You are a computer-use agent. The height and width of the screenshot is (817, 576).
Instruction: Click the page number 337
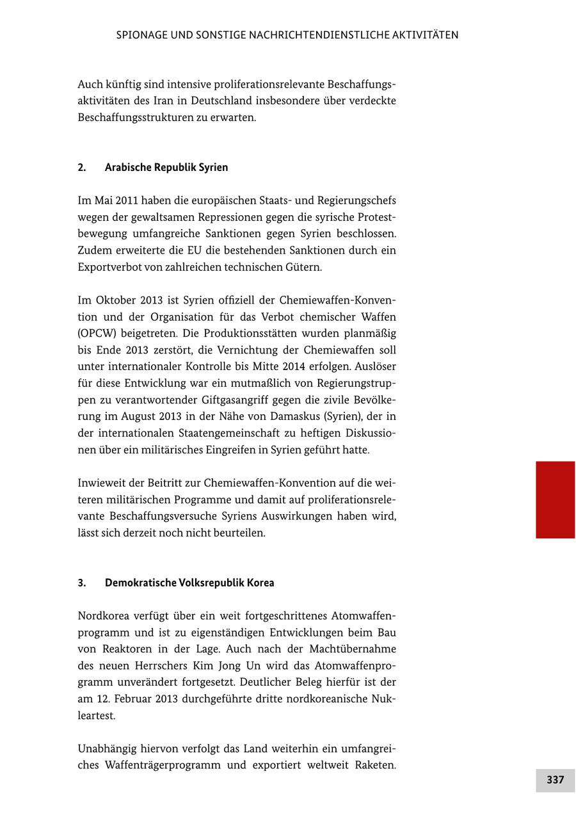click(555, 780)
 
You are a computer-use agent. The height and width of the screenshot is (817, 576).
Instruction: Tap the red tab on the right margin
click(555, 499)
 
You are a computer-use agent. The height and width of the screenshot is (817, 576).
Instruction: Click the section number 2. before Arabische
click(82, 167)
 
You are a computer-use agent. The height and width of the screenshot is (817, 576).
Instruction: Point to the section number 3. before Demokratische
click(82, 583)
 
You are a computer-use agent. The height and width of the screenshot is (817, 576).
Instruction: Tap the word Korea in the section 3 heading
click(260, 583)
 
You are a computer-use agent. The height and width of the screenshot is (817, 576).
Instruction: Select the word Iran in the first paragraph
click(158, 101)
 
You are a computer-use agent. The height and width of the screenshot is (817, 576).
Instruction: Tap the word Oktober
click(115, 300)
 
